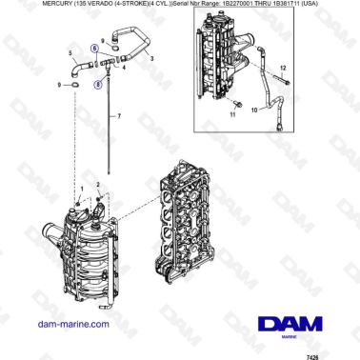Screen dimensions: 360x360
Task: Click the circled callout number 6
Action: tap(93, 47)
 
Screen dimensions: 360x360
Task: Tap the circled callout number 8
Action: tap(97, 84)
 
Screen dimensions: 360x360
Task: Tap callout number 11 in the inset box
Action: tap(232, 114)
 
